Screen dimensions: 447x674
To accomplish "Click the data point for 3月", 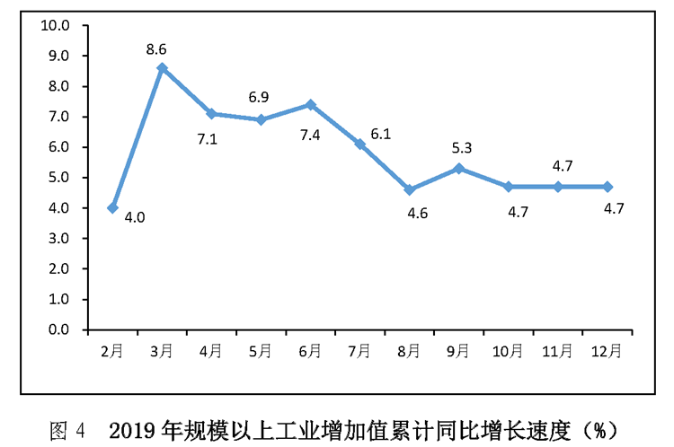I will (162, 67).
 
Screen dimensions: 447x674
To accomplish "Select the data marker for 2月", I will (112, 207).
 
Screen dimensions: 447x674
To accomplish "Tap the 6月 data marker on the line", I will (310, 104).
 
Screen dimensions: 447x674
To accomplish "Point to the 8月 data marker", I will (409, 189).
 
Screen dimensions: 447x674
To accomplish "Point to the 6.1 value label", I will (380, 134).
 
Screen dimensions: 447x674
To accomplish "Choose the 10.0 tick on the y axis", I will (56, 25).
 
